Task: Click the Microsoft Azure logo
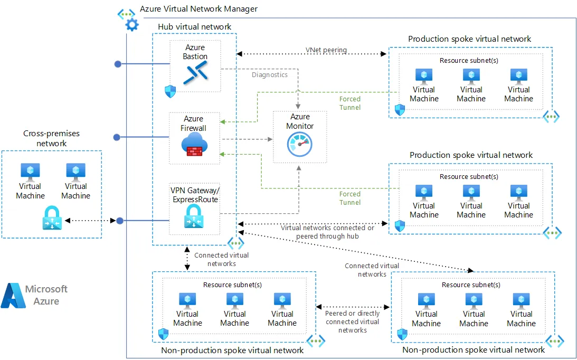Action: pos(35,295)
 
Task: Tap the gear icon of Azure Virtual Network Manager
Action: pos(131,24)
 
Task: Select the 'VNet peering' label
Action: pos(326,50)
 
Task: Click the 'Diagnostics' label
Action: pos(270,74)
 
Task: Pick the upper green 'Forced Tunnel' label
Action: pos(350,103)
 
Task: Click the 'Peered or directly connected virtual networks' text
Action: pos(353,321)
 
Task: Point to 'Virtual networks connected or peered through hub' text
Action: pos(327,232)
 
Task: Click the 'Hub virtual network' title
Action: pos(194,26)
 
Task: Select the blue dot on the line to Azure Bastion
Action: pos(118,64)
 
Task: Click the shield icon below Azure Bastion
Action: pos(170,91)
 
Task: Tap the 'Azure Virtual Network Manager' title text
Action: pos(198,8)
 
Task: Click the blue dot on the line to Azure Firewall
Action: pos(118,137)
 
